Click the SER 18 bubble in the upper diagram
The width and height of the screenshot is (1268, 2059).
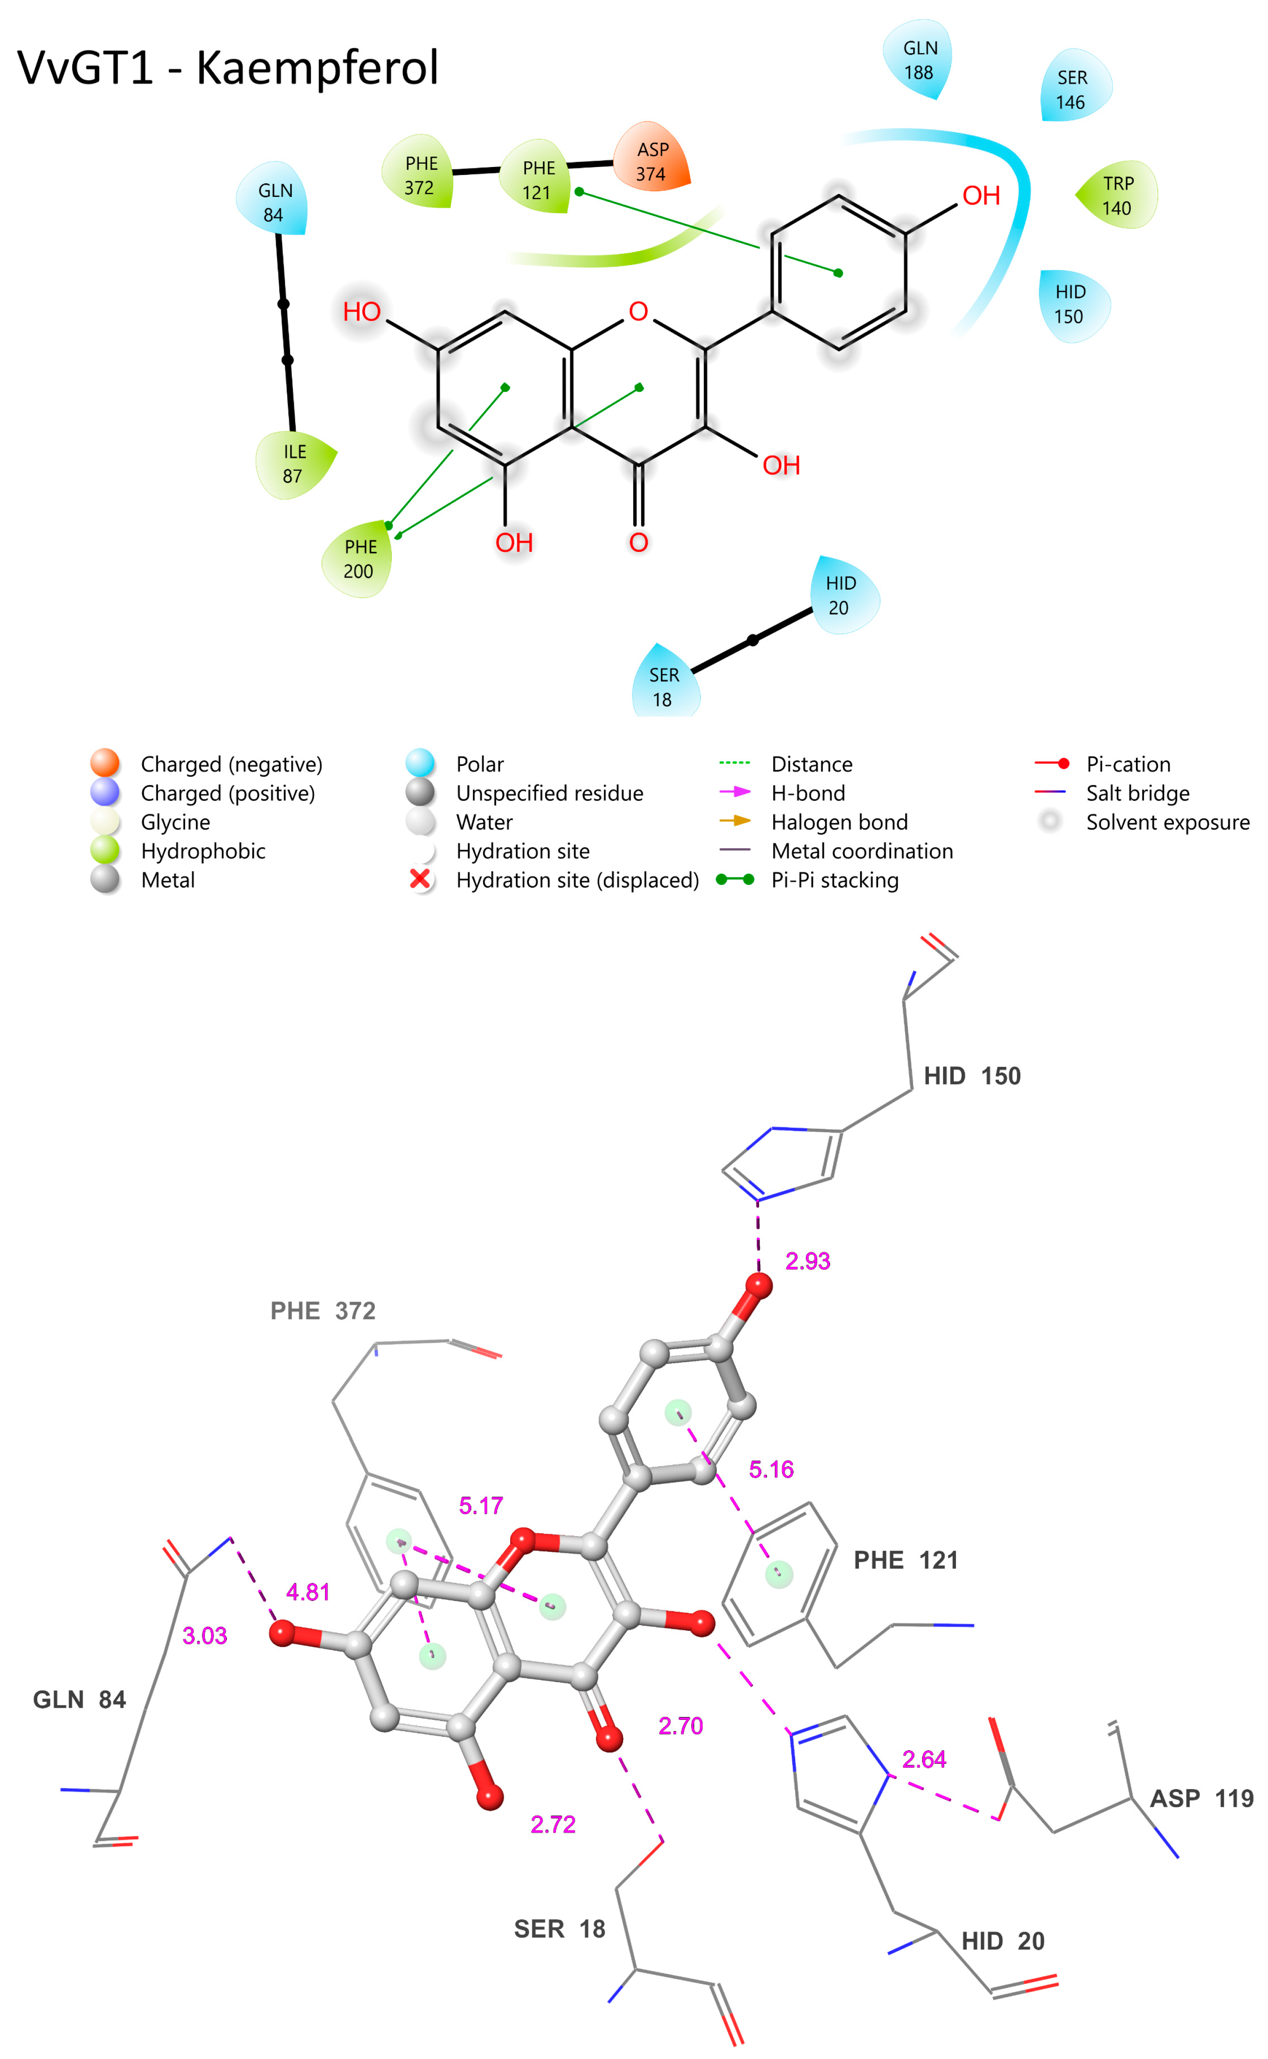(x=664, y=686)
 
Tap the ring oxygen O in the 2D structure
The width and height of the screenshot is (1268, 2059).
(x=638, y=312)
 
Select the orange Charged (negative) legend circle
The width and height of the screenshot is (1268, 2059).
(x=105, y=763)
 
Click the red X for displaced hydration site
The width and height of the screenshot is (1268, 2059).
(x=420, y=879)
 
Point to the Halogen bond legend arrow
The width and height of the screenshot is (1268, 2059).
(x=734, y=821)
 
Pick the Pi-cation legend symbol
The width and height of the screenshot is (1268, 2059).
(x=1052, y=763)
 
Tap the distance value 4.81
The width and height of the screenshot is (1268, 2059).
(x=308, y=1592)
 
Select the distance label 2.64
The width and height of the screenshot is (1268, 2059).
(x=924, y=1759)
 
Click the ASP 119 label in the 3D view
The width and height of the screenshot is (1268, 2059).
(x=1201, y=1798)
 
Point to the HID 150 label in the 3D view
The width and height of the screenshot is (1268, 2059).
(x=972, y=1076)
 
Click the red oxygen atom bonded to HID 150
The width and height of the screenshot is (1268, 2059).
(x=759, y=1285)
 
